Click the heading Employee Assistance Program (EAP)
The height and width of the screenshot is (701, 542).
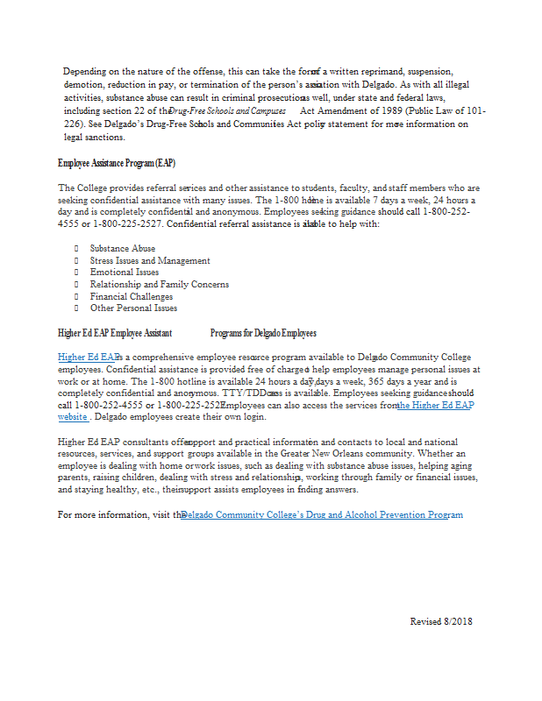[x=116, y=163]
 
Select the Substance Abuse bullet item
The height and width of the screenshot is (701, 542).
[x=122, y=249]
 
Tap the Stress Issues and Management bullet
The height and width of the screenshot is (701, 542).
[x=149, y=260]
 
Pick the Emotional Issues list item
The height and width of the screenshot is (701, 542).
[x=125, y=273]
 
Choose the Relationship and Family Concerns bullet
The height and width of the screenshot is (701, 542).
[x=159, y=284]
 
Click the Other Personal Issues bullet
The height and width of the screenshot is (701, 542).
[x=133, y=308]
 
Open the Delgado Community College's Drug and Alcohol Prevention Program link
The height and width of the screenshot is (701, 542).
[x=322, y=514]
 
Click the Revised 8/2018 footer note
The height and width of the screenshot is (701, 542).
[x=441, y=621]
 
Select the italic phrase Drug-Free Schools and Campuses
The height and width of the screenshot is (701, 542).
[x=227, y=112]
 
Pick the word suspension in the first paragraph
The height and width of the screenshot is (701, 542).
[x=431, y=70]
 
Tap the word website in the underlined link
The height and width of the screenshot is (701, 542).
[x=72, y=417]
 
